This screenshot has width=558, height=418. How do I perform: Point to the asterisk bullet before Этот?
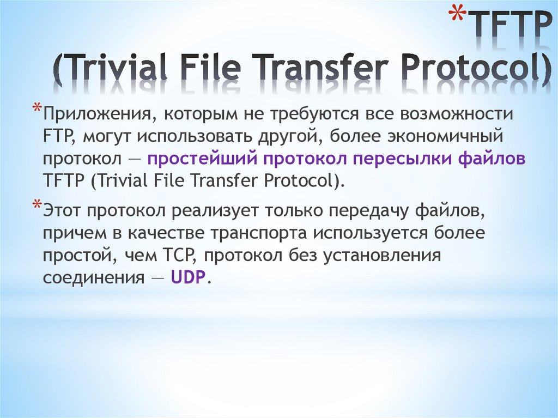(36, 205)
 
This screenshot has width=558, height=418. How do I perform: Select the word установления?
(381, 255)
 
